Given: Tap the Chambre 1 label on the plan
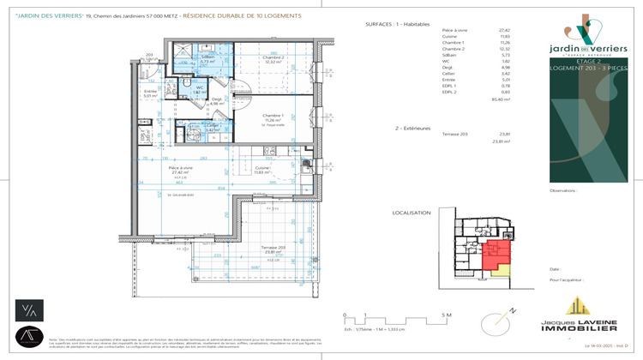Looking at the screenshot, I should [273, 117].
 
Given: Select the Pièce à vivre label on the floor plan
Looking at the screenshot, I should [179, 168].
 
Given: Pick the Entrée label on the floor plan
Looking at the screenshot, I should [150, 92].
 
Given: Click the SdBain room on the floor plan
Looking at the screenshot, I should [207, 59].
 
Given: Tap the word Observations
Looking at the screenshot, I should [564, 191].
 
